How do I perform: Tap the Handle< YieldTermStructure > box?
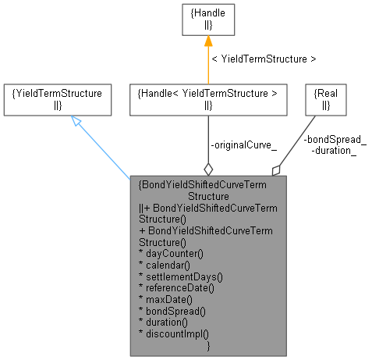click(x=207, y=98)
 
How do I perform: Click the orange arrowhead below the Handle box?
click(x=207, y=42)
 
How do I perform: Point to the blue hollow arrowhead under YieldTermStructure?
click(x=76, y=121)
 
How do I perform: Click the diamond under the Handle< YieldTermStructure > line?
click(x=207, y=168)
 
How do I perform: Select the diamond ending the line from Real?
click(x=275, y=169)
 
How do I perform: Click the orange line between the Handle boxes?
click(x=207, y=62)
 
